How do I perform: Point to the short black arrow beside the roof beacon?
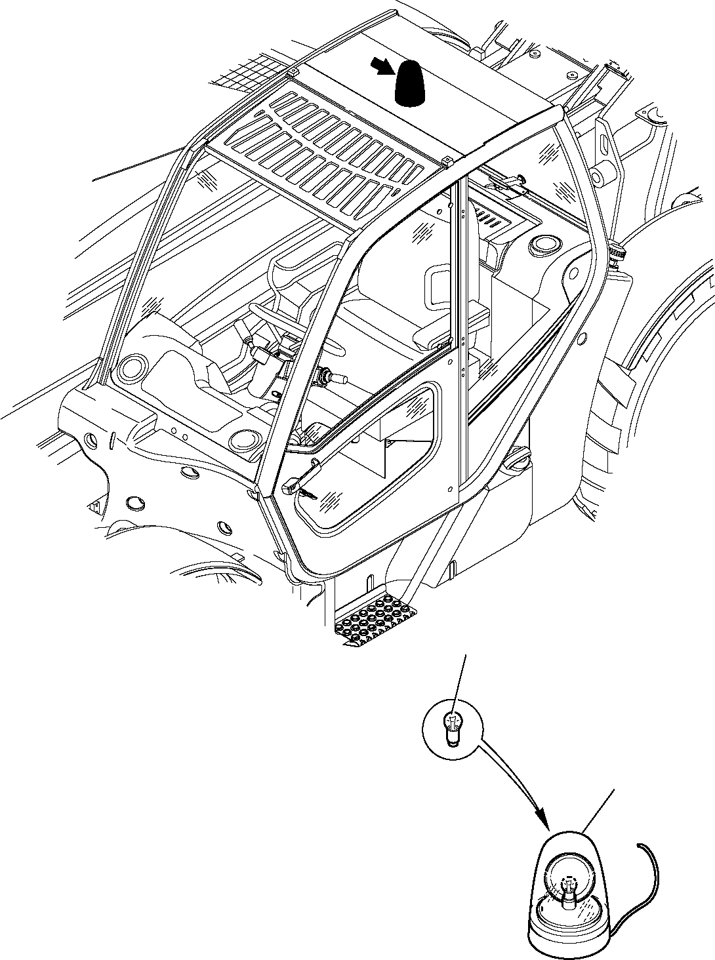click(381, 65)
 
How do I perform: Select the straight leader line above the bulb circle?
click(459, 679)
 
